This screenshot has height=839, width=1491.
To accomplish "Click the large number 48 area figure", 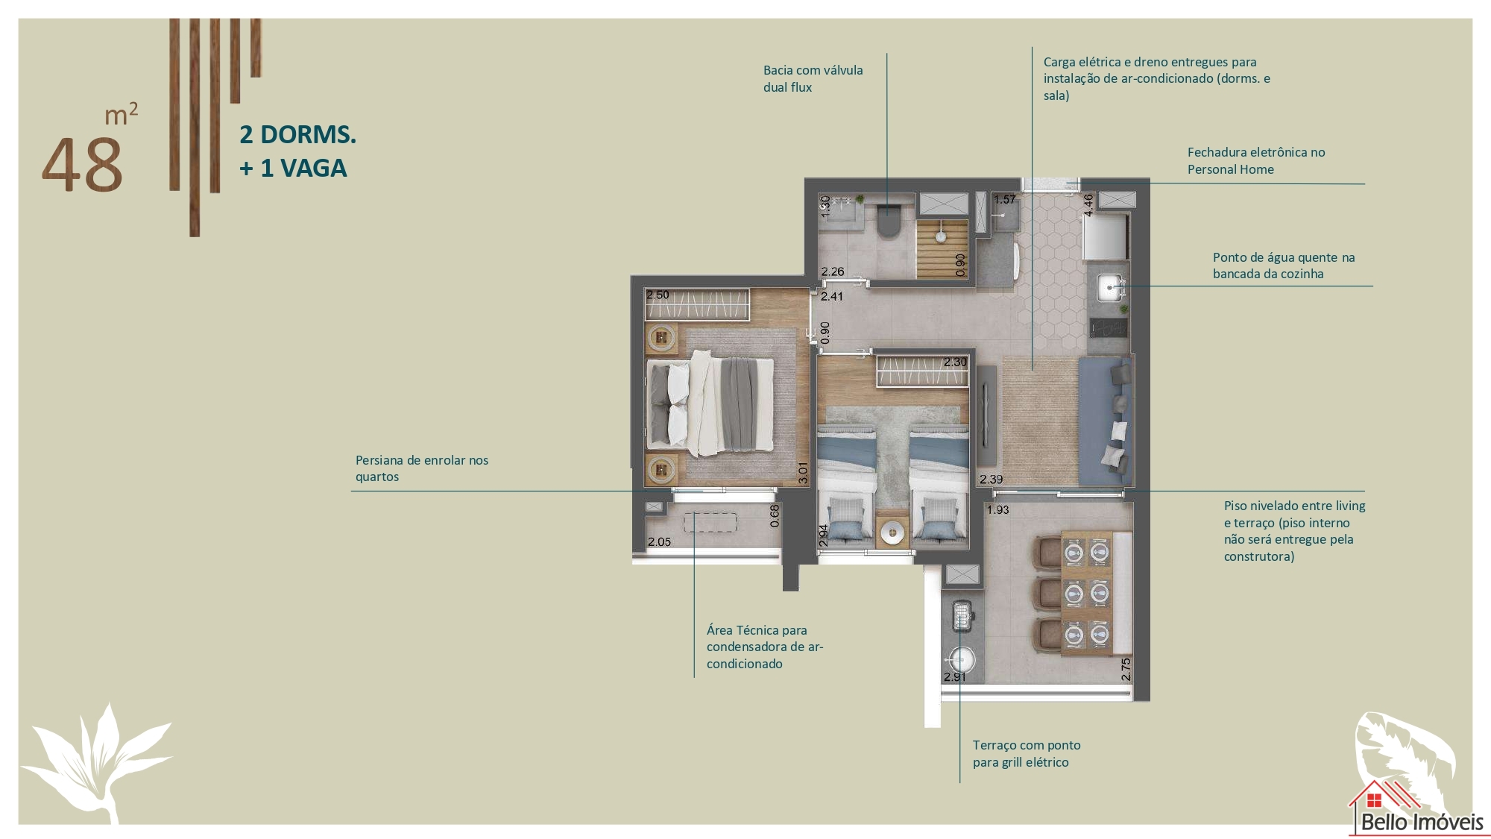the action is click(x=82, y=165).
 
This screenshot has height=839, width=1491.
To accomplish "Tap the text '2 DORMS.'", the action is click(x=297, y=135).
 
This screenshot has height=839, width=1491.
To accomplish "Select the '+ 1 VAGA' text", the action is click(x=293, y=169).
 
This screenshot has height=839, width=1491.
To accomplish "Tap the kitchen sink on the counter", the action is click(x=1110, y=286).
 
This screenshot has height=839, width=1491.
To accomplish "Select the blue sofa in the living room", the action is click(x=1106, y=421).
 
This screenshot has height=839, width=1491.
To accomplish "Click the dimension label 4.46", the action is click(x=1088, y=205).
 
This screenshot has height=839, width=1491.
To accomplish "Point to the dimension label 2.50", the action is click(x=658, y=295).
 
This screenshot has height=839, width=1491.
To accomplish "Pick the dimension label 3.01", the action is click(x=803, y=473).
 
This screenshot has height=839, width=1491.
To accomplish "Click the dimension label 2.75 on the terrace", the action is click(x=1126, y=669).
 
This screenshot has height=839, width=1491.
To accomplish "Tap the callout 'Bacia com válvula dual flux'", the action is click(x=813, y=78).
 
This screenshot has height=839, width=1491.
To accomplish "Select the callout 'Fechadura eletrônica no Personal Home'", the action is click(x=1256, y=160).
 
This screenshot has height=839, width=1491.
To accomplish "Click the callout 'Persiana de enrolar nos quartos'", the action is click(x=422, y=468).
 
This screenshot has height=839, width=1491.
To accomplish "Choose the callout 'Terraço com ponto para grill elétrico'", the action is click(x=1026, y=753).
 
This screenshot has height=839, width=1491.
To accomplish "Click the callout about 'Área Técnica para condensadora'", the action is click(x=765, y=647).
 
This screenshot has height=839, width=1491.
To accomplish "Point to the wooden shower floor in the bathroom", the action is click(x=942, y=248).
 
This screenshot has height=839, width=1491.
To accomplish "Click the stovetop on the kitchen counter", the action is click(x=1108, y=327).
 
